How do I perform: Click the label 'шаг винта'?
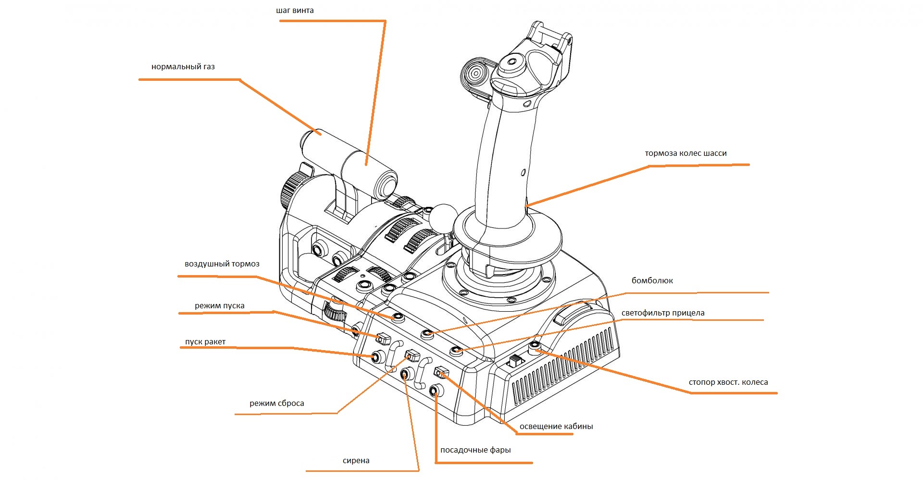[x=295, y=11]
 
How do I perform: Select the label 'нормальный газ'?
[x=183, y=67]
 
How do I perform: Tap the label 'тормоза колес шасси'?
[x=686, y=153]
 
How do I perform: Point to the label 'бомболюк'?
[x=652, y=280]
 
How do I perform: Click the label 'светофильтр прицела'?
[x=663, y=313]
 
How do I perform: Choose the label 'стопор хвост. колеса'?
[x=728, y=382]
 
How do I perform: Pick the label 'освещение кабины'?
[x=556, y=427]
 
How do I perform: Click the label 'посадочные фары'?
[x=475, y=450]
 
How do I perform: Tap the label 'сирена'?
[x=356, y=461]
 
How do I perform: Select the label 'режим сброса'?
[x=277, y=404]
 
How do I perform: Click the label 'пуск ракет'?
[x=205, y=342]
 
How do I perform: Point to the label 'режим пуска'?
[x=220, y=306]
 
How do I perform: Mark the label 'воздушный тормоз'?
[x=222, y=264]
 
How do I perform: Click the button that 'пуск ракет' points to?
[x=377, y=357]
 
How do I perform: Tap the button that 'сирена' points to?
[x=407, y=374]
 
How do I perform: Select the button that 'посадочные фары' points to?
[x=436, y=391]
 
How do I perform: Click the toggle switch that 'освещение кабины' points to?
[x=441, y=372]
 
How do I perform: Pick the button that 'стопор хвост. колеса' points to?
[x=534, y=347]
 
